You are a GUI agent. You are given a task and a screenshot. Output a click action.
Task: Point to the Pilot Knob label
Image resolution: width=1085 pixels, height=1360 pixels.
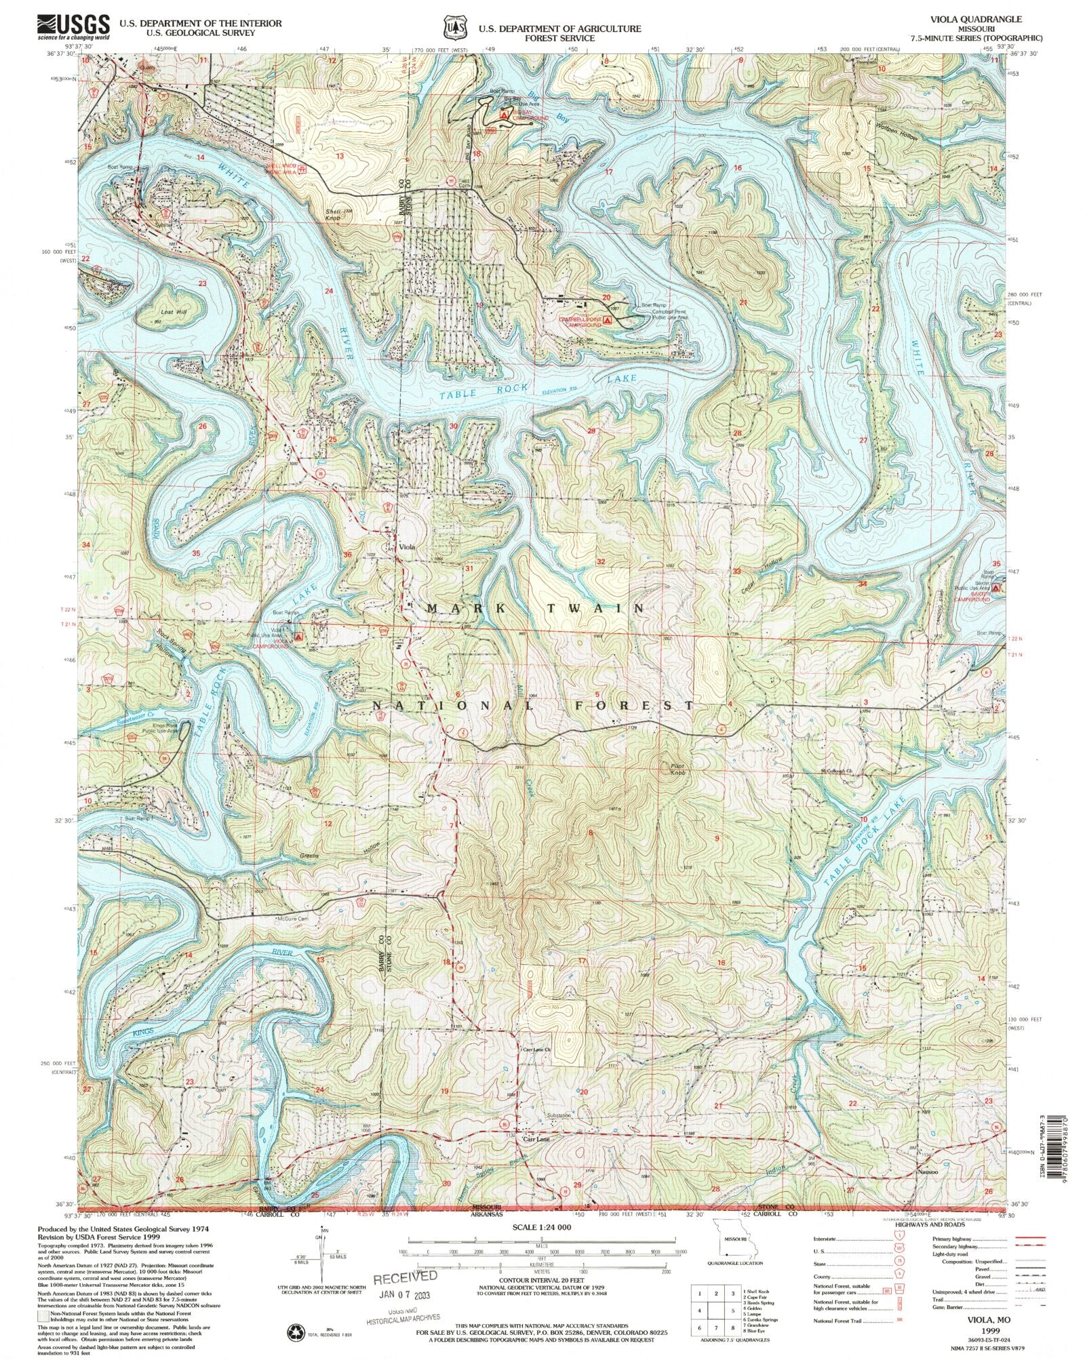tap(678, 769)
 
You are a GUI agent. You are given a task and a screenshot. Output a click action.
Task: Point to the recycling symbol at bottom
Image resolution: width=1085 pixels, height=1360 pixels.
tap(298, 1330)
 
